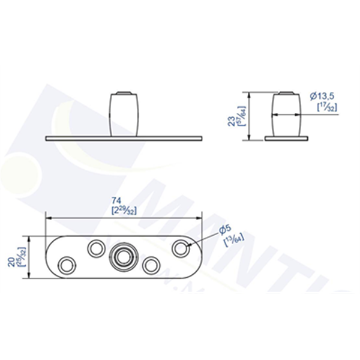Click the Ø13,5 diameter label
pyautogui.click(x=323, y=96)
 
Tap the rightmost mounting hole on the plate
pyautogui.click(x=180, y=247)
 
